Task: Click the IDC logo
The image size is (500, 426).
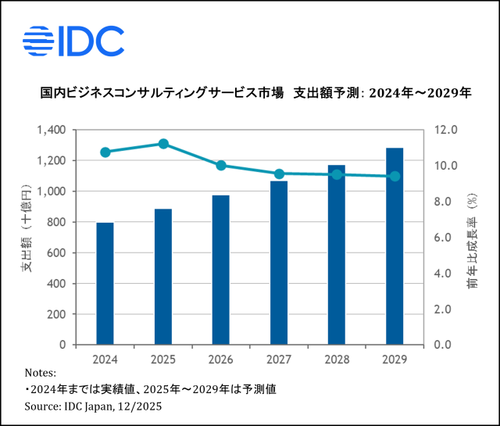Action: (73, 41)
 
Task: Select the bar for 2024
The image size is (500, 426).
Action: (105, 284)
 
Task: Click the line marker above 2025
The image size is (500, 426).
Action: (163, 144)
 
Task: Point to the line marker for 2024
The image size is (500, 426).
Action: (105, 152)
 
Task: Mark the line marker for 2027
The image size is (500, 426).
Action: (279, 174)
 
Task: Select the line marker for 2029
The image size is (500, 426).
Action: (395, 177)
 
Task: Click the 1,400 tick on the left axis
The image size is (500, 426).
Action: (51, 130)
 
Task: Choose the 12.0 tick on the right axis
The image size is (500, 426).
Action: (446, 130)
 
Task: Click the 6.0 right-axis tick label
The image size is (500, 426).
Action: (446, 238)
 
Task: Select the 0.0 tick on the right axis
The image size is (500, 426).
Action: (446, 345)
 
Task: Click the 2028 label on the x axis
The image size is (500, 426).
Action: (337, 360)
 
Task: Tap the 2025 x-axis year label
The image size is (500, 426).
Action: (163, 360)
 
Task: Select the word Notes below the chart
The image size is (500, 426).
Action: (40, 373)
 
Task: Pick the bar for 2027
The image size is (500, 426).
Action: (279, 263)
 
